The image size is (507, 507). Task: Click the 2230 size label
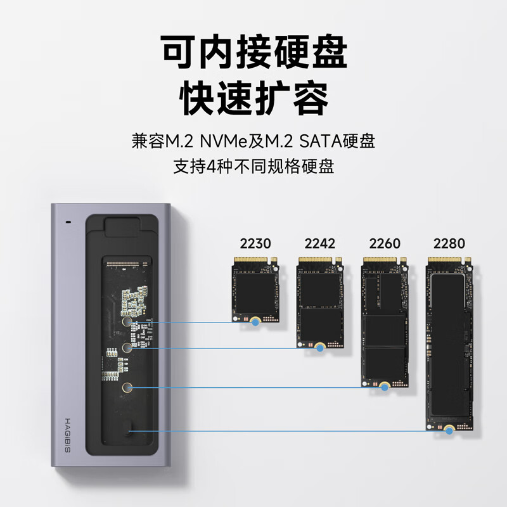pyautogui.click(x=255, y=243)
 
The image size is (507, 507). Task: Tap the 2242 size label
pyautogui.click(x=320, y=243)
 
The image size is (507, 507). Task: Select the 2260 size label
pyautogui.click(x=385, y=243)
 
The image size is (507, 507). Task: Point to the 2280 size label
pyautogui.click(x=449, y=243)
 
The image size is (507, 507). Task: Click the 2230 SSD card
pyautogui.click(x=255, y=288)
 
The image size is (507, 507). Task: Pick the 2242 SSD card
pyautogui.click(x=320, y=301)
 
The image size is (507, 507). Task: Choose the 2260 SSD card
pyautogui.click(x=385, y=320)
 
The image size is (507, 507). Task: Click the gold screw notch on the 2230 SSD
pyautogui.click(x=255, y=322)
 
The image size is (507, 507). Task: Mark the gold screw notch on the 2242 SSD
pyautogui.click(x=320, y=347)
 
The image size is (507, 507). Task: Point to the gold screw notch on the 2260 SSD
pyautogui.click(x=385, y=385)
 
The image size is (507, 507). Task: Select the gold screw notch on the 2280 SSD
pyautogui.click(x=449, y=430)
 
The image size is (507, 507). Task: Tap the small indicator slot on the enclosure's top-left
pyautogui.click(x=68, y=223)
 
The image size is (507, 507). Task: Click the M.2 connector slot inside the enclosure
pyautogui.click(x=129, y=263)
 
